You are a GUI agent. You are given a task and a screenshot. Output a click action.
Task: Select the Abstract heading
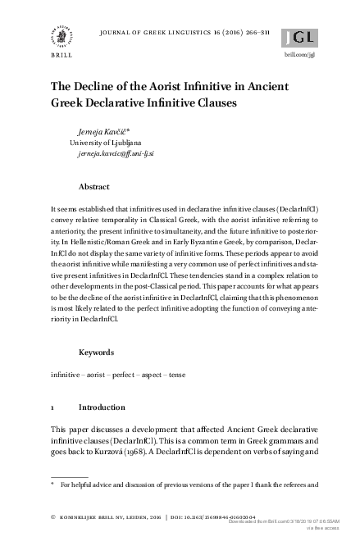pos(94,186)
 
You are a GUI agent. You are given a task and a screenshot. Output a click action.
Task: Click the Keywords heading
pos(97,353)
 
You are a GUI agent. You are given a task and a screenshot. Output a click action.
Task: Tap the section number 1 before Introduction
pos(53,407)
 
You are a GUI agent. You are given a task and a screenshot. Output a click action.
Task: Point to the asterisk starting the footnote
pos(53,485)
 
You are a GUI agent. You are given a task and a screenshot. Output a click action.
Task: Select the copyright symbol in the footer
pos(53,518)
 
